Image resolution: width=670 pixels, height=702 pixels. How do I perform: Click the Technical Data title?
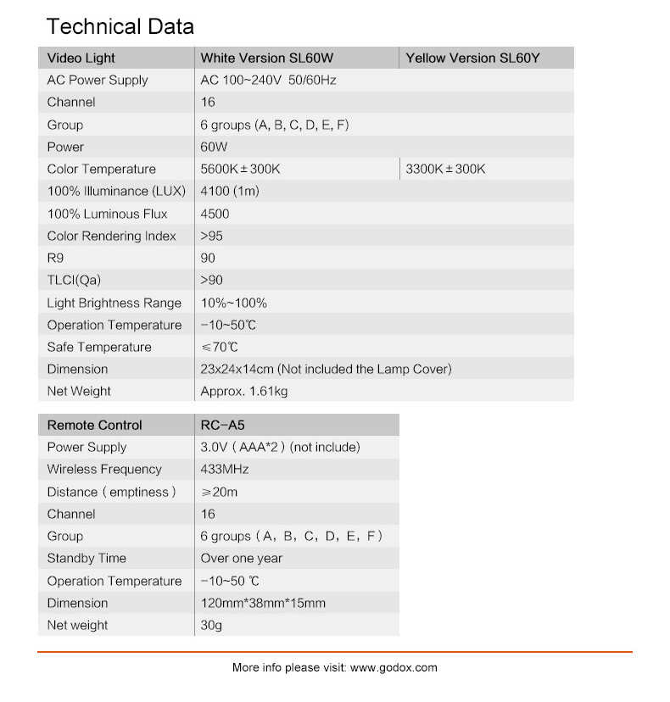tap(120, 26)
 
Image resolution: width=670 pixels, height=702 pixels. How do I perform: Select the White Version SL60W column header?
tap(266, 58)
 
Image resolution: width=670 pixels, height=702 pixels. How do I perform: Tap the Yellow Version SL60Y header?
tap(472, 58)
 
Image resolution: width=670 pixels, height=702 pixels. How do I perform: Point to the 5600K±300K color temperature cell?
tap(240, 169)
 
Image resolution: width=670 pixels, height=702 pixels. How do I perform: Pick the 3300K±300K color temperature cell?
tap(445, 169)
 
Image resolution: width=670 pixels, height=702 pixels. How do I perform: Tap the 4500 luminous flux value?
tap(215, 214)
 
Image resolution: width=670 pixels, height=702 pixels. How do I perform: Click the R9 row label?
tap(56, 258)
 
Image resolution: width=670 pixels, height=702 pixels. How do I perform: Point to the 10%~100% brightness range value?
tap(233, 303)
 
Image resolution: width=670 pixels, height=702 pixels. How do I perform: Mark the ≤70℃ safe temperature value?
tap(219, 347)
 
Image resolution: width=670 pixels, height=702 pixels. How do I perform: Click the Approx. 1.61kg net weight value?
tap(243, 391)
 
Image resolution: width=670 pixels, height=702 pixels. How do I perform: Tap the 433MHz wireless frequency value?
tap(224, 469)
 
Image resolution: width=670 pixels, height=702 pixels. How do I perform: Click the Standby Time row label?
tap(87, 558)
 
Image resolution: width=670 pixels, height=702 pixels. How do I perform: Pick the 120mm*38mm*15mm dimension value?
tap(262, 603)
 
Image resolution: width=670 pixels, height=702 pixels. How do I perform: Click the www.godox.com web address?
tap(394, 667)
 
